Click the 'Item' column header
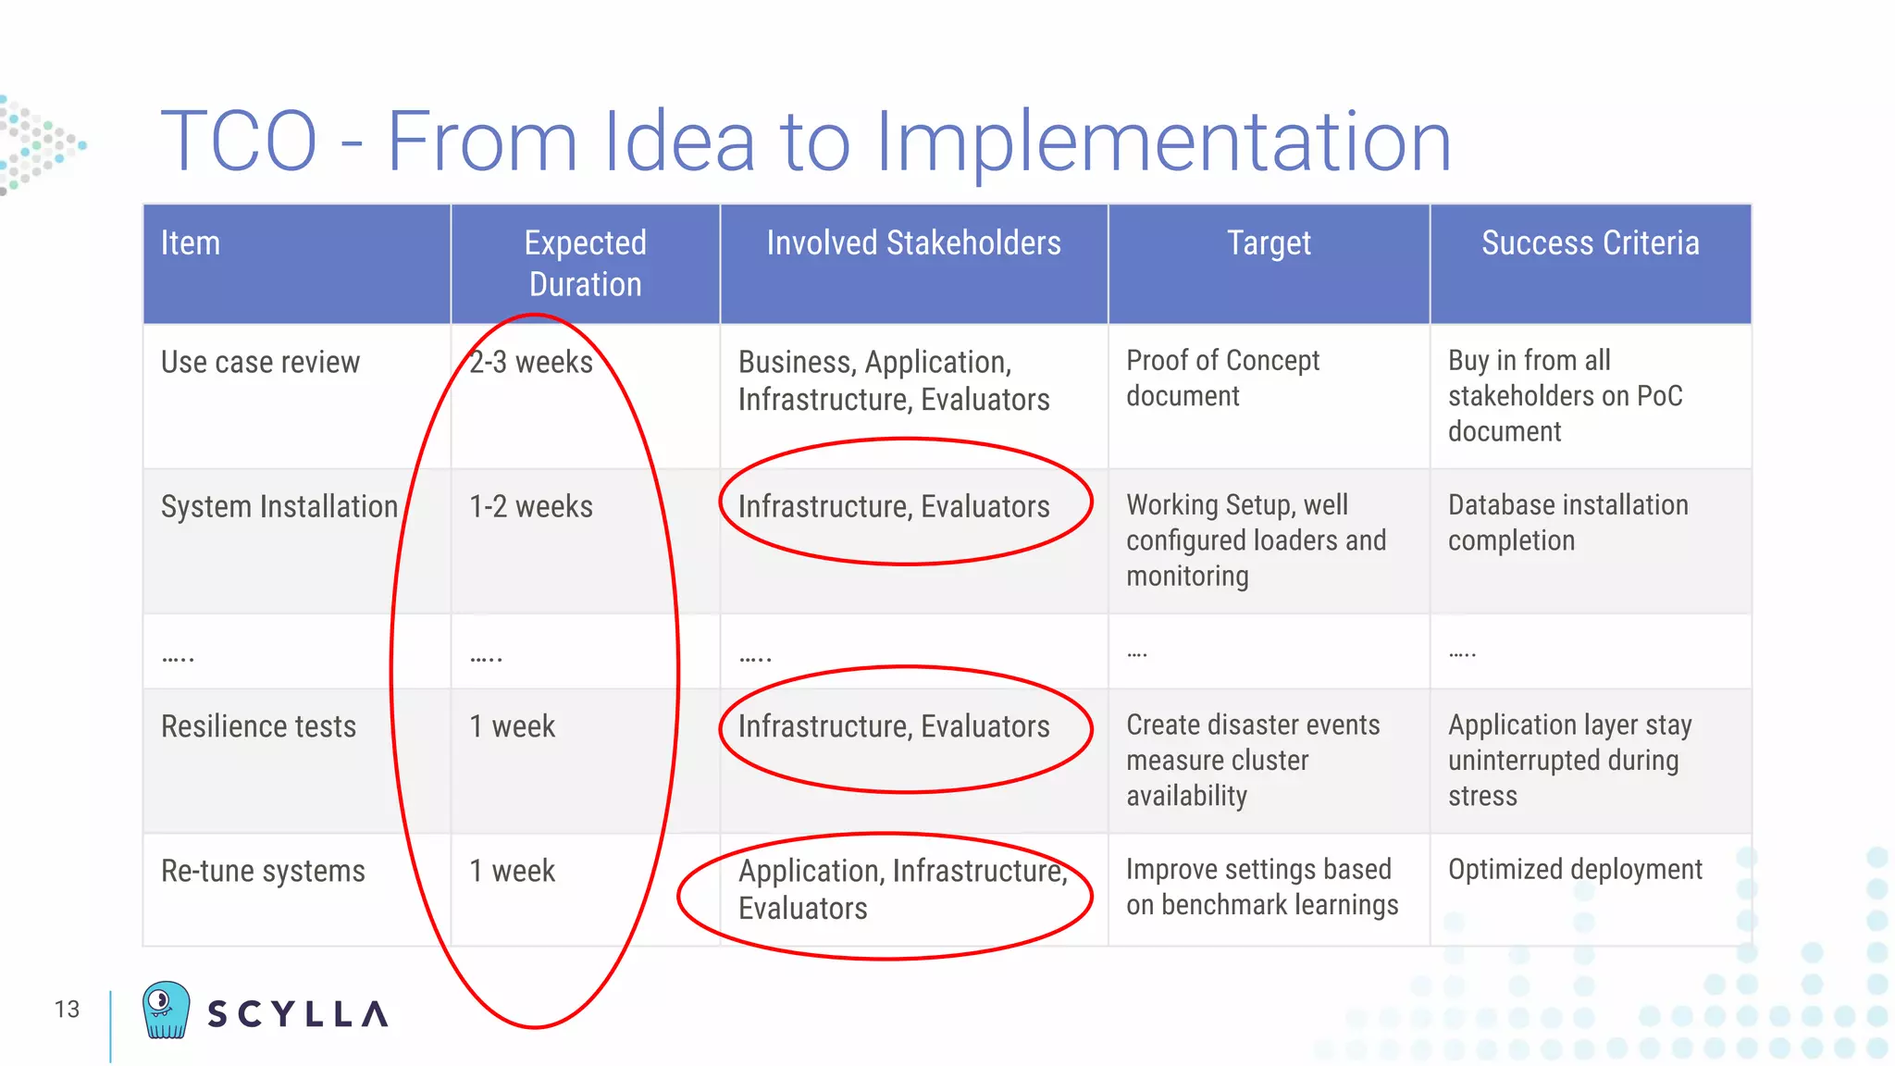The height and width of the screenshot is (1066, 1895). (x=191, y=243)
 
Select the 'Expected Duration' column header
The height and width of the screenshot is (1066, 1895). (x=585, y=264)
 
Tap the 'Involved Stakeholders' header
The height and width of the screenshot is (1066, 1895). (x=913, y=243)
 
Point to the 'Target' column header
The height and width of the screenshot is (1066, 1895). (x=1269, y=243)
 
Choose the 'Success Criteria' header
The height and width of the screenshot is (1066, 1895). (x=1590, y=243)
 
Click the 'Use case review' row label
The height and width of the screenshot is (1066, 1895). (x=260, y=362)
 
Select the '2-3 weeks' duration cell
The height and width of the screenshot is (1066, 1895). (x=531, y=362)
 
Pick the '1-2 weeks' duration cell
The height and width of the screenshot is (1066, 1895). (x=531, y=507)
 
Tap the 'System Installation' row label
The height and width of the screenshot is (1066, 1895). (x=279, y=507)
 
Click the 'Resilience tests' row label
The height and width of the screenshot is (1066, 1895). (x=258, y=726)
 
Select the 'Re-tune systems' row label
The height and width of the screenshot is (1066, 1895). (x=263, y=871)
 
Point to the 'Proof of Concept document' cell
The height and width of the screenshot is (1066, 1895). (x=1222, y=378)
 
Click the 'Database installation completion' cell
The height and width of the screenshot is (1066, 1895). (x=1567, y=523)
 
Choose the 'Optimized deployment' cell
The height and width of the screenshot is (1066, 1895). (x=1575, y=870)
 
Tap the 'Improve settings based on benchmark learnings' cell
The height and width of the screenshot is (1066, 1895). (x=1261, y=886)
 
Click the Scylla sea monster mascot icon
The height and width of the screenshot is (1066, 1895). (x=166, y=1010)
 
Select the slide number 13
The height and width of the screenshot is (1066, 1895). (x=67, y=1010)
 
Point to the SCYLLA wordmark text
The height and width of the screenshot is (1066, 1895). (x=297, y=1014)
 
